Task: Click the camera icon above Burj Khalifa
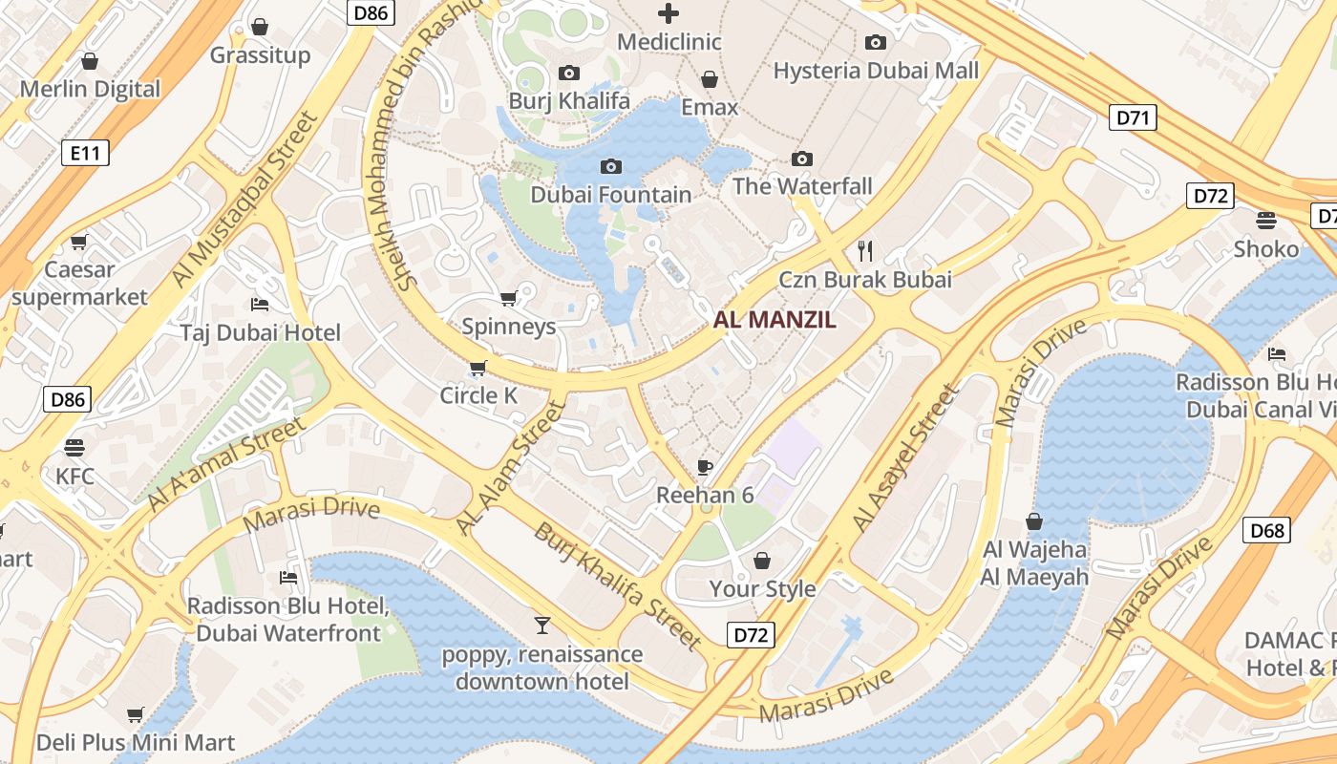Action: pos(568,73)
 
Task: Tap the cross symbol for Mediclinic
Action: pos(668,13)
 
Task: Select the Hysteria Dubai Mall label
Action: pos(876,71)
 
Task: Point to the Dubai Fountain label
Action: pos(611,195)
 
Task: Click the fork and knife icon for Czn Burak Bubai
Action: pos(865,251)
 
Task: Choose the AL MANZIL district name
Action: pos(775,321)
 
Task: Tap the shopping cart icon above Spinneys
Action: pos(508,298)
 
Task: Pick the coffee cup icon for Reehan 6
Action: pos(705,467)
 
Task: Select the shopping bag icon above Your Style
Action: pos(762,560)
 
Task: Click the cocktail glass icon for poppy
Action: pos(542,626)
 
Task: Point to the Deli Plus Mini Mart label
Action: pos(136,742)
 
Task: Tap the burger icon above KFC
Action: pos(74,447)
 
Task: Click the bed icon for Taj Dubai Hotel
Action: pos(260,305)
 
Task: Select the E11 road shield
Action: pos(85,153)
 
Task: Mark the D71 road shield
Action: pos(1134,118)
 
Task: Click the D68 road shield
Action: pos(1266,530)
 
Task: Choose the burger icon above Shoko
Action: pos(1266,221)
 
